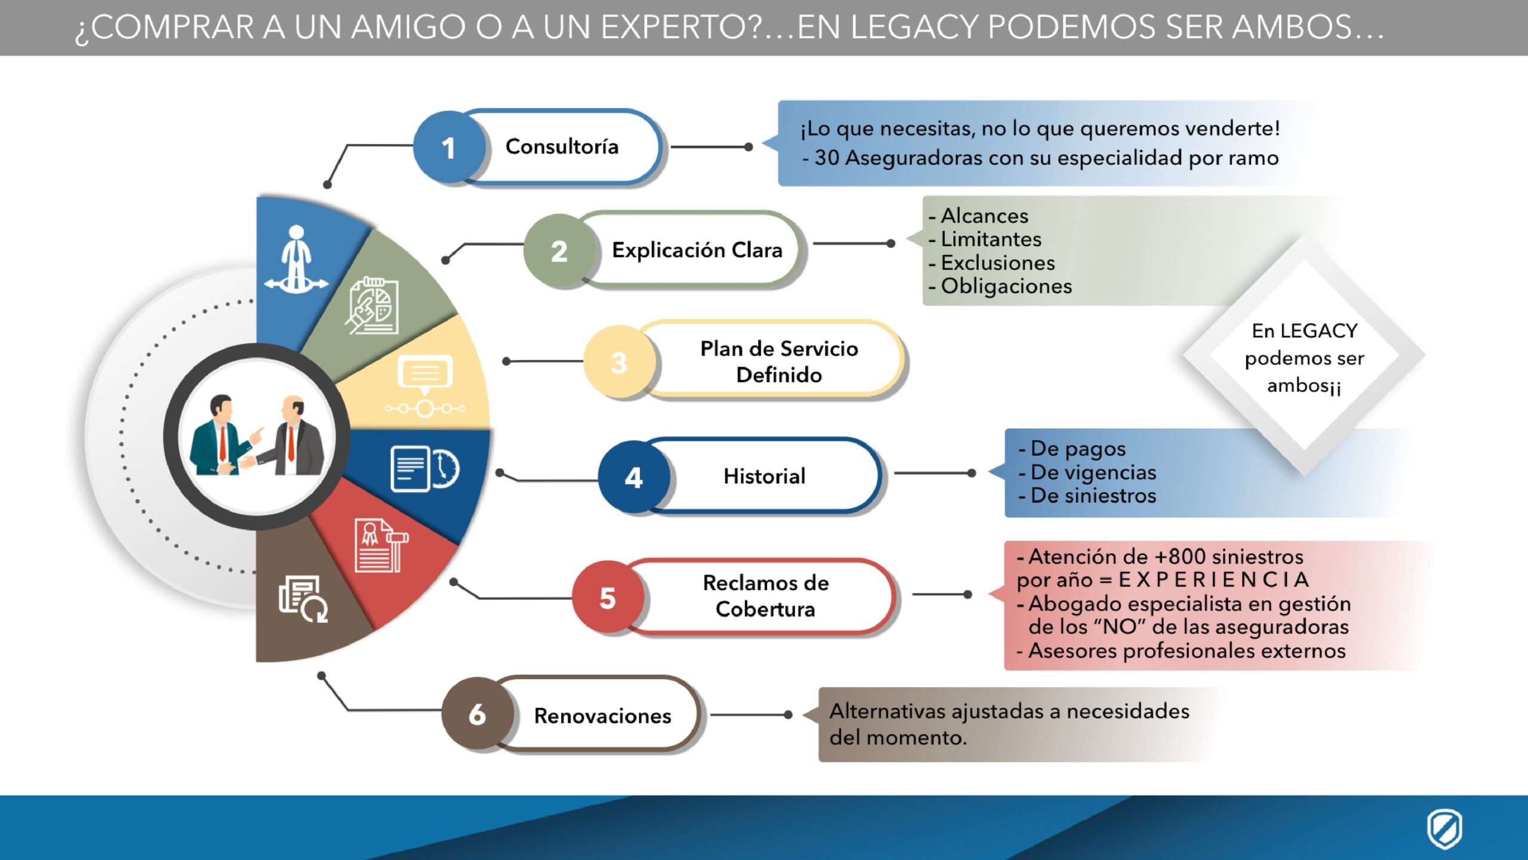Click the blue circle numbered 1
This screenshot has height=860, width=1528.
pos(449,148)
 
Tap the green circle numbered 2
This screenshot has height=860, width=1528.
pos(559,250)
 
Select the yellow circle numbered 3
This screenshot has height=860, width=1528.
pos(619,362)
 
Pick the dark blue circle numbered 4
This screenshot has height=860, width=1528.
pos(634,477)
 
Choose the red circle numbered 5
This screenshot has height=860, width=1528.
pos(608,597)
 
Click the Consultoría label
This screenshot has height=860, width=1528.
pos(562,146)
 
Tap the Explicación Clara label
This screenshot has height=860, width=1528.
pos(697,250)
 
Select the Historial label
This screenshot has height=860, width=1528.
pos(764,476)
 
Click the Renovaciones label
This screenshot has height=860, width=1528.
pos(602,715)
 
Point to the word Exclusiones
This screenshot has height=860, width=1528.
pos(998,263)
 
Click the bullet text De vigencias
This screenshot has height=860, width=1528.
pos(1093,472)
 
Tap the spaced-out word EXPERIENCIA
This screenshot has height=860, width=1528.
pos(1213,579)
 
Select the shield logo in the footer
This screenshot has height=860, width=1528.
pos(1444,828)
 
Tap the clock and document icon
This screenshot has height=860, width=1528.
pos(425,469)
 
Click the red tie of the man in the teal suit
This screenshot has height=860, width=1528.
pos(222,443)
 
